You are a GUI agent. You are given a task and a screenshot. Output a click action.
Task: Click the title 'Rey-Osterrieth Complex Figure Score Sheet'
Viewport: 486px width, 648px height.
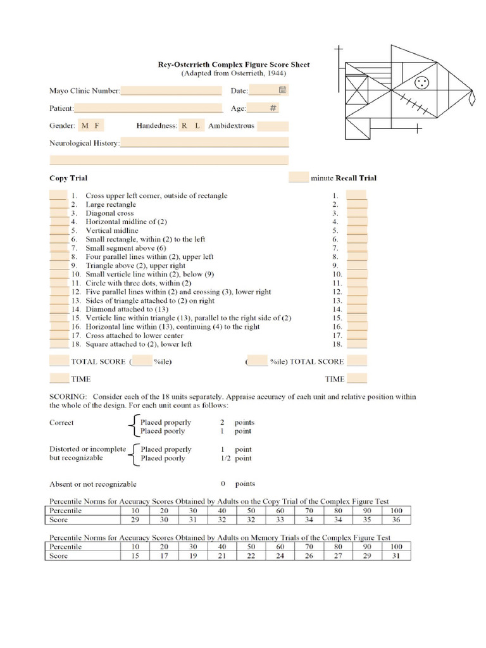pos(234,65)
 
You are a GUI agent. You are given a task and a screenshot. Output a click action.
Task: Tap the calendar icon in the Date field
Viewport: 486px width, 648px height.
pos(283,90)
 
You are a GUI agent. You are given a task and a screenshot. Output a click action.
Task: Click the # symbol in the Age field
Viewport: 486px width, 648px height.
pos(273,108)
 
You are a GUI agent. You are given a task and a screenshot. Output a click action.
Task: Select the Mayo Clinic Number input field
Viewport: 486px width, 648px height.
pos(171,90)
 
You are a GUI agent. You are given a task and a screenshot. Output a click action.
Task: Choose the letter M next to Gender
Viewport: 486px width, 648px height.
pos(85,125)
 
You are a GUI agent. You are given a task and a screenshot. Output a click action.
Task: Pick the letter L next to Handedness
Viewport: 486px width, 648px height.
pos(197,125)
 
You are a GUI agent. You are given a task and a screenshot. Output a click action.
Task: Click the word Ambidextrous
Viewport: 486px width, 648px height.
pos(231,125)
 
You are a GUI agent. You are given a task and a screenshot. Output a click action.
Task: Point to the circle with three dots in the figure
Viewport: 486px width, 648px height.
pos(421,82)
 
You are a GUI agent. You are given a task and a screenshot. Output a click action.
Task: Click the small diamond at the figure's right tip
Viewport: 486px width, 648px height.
pos(471,98)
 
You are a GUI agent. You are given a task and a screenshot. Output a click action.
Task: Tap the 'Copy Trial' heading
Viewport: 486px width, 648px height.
pos(68,178)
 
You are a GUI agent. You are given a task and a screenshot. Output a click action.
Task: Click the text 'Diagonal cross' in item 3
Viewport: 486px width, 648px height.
pos(109,213)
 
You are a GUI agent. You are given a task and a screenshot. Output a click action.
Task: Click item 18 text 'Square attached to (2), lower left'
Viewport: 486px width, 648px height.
pos(139,344)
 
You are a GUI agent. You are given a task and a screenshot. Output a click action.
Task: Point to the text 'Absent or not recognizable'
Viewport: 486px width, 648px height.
pos(93,484)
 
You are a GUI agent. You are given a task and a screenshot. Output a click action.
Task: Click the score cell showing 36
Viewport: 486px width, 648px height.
pos(396,520)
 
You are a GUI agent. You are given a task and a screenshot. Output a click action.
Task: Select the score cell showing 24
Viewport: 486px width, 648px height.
pos(280,556)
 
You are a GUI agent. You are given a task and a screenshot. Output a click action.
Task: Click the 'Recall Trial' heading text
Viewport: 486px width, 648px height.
pos(356,178)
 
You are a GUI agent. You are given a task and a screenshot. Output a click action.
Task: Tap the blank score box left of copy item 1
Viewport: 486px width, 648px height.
pos(58,196)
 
